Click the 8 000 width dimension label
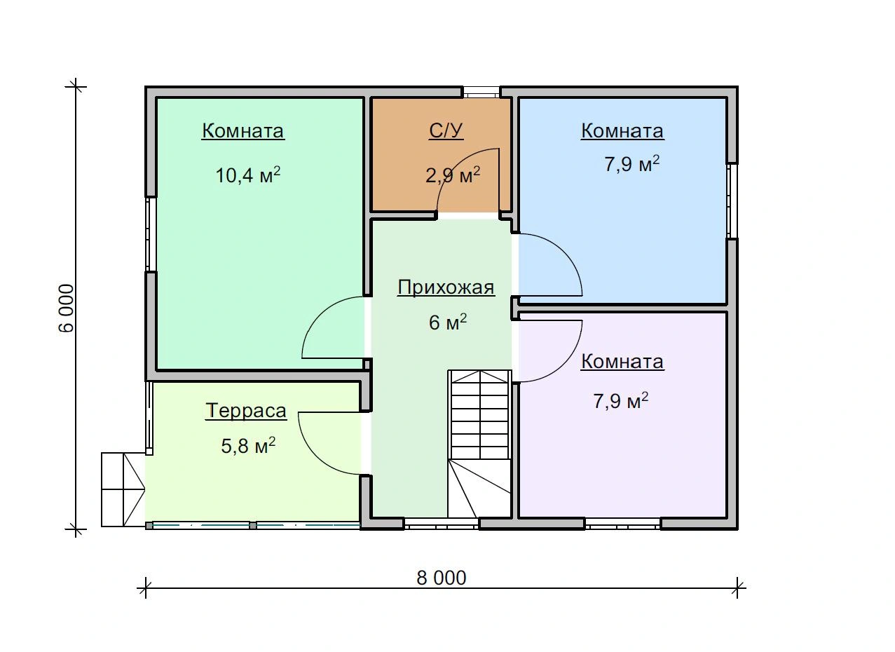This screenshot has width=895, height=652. (x=441, y=578)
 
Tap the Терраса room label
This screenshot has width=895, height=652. (x=246, y=411)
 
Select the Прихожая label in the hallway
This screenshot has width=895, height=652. (x=446, y=287)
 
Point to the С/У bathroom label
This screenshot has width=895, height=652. (x=446, y=130)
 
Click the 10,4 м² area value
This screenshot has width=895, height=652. (x=247, y=175)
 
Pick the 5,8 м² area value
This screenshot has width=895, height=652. (x=248, y=445)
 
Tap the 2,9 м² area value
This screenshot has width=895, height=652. (x=453, y=175)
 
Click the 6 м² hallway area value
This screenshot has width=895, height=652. (x=447, y=322)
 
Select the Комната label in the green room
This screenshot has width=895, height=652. (x=243, y=130)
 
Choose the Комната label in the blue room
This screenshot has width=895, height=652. (x=622, y=130)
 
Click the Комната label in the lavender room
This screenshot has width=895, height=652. (x=622, y=361)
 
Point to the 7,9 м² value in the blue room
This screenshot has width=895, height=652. (x=631, y=163)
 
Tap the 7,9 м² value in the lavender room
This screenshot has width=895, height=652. (x=620, y=400)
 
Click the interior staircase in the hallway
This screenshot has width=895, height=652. (x=479, y=444)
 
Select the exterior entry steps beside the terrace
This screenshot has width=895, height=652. (x=123, y=489)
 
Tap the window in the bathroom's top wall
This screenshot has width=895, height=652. (x=481, y=93)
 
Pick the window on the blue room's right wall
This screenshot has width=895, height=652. (x=732, y=201)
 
